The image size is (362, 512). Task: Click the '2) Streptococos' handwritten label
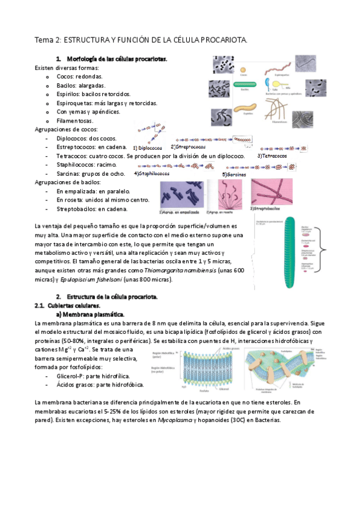coord(189,147)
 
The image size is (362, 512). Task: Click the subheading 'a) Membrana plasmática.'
coord(89,315)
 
